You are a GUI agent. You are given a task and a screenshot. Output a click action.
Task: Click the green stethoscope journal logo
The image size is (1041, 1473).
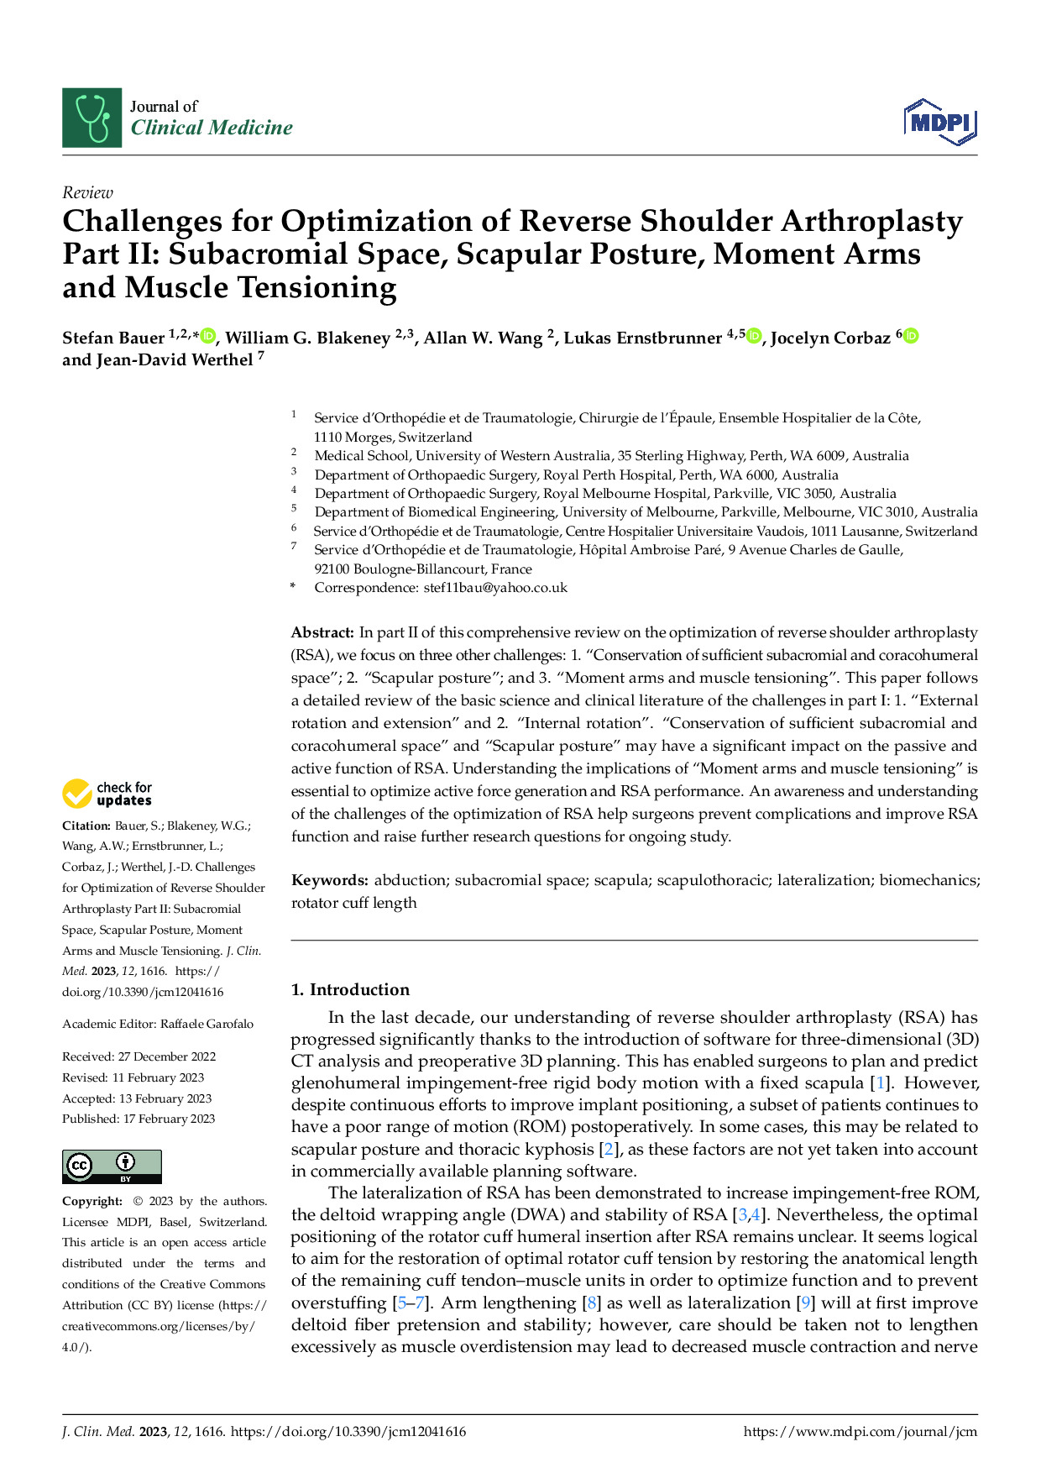(x=92, y=118)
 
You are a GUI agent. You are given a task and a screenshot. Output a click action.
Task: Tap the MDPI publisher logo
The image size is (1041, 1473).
(x=940, y=123)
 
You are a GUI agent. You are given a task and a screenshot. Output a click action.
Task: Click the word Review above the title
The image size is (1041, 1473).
(x=87, y=192)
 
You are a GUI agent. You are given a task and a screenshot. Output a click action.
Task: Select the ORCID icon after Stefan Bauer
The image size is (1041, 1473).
(x=208, y=337)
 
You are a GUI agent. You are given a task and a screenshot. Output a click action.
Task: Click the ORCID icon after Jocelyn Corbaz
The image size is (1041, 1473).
(x=911, y=336)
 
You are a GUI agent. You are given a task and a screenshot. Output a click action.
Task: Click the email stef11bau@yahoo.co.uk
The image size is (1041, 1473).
(x=495, y=588)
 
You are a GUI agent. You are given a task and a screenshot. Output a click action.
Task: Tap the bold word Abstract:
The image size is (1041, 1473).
(x=322, y=632)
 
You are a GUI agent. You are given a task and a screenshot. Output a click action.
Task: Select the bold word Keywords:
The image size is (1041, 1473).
(x=329, y=880)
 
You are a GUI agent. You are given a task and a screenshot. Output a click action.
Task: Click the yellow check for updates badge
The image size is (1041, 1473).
(x=107, y=794)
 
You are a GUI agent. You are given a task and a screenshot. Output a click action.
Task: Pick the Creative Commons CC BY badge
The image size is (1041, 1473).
(x=112, y=1166)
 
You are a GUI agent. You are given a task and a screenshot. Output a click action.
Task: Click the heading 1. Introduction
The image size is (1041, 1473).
(x=350, y=989)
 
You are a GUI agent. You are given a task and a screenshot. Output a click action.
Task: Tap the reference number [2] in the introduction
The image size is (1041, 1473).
(x=609, y=1149)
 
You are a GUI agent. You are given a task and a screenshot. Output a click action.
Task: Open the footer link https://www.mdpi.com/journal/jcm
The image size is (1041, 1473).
(x=861, y=1432)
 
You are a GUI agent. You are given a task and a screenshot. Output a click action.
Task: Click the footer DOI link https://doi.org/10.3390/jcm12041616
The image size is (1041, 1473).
(x=348, y=1432)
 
